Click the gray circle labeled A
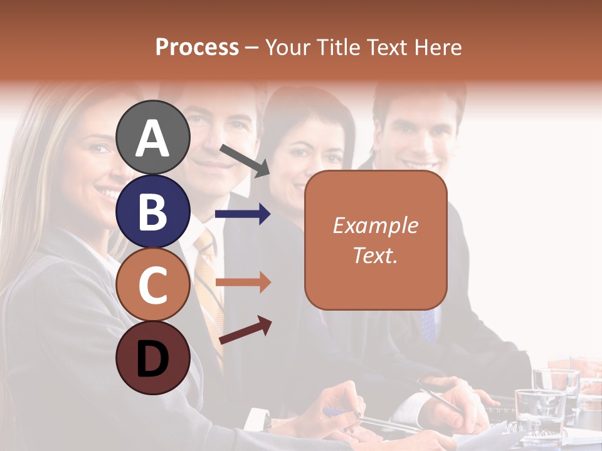[152, 137]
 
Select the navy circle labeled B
[152, 211]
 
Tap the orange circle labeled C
[152, 284]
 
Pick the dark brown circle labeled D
[152, 358]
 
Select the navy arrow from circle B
[242, 214]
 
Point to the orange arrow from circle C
[242, 283]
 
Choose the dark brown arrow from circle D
[245, 331]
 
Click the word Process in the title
[197, 48]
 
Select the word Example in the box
[375, 225]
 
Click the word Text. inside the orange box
[375, 255]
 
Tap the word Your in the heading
[286, 48]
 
